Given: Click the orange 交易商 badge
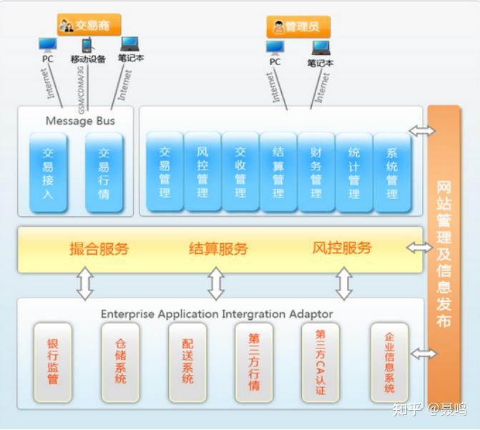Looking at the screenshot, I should point(89,25).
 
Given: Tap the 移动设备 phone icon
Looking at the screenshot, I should point(87,46).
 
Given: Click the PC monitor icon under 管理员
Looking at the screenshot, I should point(275,48).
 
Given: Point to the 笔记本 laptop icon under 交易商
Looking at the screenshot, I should point(129,45).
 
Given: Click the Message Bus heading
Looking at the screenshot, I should point(79,121).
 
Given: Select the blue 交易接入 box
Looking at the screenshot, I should point(48,172).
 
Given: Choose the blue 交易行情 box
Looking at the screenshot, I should point(104,172).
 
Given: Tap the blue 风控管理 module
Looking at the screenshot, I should point(202,172).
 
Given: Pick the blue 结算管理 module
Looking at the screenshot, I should point(278,172).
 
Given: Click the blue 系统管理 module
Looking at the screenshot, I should point(392,172).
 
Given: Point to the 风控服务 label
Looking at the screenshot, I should point(342,248).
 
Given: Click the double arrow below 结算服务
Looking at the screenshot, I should point(216,284).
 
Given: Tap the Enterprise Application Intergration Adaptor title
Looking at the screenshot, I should point(216,313).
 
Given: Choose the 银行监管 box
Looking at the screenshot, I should point(53,361).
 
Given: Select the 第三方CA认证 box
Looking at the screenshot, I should point(320,361).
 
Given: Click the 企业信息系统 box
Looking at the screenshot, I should point(389,361).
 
